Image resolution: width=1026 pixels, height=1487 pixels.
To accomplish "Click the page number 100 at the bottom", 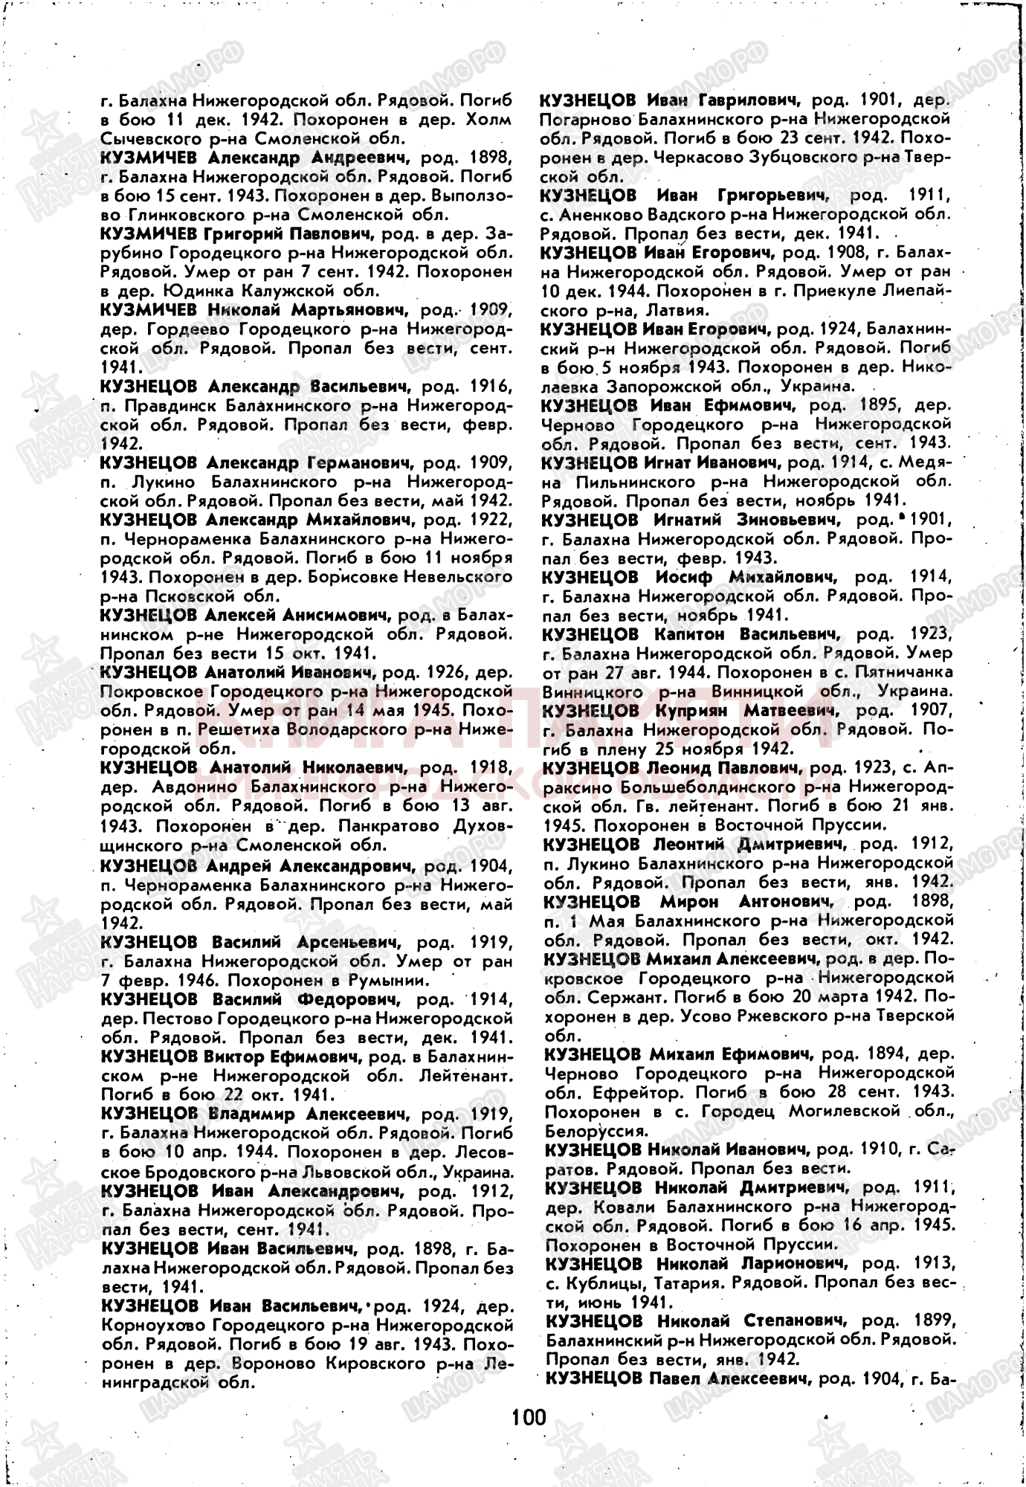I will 529,1416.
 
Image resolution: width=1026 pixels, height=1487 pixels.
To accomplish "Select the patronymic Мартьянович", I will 348,309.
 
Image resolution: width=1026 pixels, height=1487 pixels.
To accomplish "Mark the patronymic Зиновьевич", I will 787,519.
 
